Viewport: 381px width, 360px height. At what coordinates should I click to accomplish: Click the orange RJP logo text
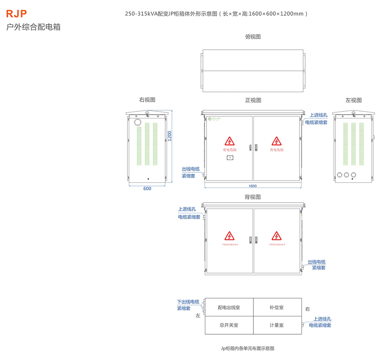pos(17,14)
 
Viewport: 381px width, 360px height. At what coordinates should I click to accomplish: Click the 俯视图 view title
pos(253,37)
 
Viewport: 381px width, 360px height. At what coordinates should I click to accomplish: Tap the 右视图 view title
pos(147,100)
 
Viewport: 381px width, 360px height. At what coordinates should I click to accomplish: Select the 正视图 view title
pos(253,100)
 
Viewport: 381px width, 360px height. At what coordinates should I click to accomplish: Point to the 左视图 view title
pos(353,100)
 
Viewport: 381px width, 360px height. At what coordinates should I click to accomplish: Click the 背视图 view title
pos(253,197)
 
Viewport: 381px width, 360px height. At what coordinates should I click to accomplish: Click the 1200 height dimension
pos(169,136)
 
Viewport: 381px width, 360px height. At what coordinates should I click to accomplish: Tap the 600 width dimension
pos(147,188)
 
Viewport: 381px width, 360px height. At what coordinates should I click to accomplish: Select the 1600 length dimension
pos(253,186)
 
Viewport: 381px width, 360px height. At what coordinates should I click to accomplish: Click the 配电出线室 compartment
pos(229,308)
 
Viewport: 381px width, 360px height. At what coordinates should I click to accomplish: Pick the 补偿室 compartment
pos(277,308)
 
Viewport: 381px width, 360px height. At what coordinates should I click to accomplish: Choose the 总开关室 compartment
pos(229,325)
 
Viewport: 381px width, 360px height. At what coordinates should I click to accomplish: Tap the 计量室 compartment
pos(277,325)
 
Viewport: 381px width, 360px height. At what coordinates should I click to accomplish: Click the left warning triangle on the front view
pos(229,141)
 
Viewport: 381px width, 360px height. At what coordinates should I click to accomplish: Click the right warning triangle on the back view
pos(276,236)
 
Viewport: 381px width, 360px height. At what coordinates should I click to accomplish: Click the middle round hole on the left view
pos(347,175)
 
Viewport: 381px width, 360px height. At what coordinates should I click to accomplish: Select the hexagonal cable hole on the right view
pos(138,122)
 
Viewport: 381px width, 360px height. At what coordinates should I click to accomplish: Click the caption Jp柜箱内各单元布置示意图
pos(248,348)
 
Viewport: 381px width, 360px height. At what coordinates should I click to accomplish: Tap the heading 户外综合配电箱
pos(34,27)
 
